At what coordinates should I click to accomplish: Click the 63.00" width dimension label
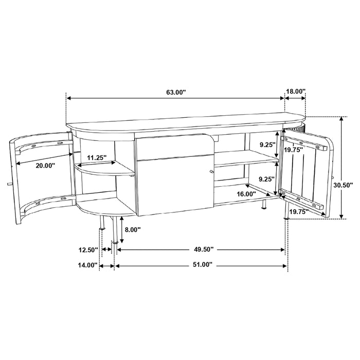coord(175,93)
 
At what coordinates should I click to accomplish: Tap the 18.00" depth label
coord(295,92)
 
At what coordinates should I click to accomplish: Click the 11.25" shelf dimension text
coord(98,157)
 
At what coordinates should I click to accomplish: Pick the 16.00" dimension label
coord(247,194)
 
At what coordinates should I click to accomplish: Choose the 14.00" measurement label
coord(88,265)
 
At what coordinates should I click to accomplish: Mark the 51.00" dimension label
coord(201,265)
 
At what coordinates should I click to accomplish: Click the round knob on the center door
coord(210,171)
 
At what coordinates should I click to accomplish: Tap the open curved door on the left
coord(41,175)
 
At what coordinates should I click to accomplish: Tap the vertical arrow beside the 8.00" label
coord(121,229)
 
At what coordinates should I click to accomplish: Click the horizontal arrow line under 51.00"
coord(201,266)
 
